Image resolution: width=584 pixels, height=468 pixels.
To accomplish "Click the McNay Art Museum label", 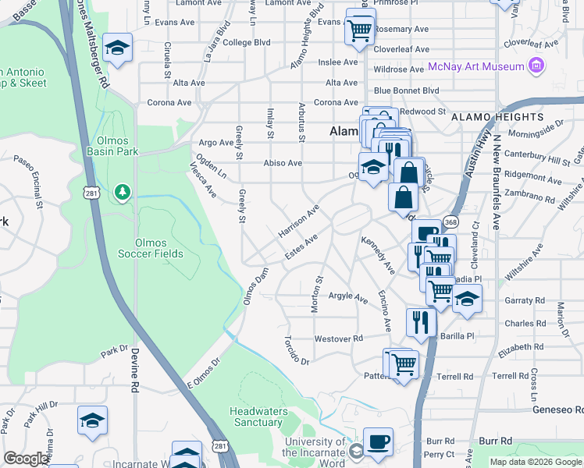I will click(480, 66).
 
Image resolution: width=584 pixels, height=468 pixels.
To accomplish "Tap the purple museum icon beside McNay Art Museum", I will click(536, 66).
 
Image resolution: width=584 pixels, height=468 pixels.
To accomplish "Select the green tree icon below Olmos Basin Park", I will click(121, 191).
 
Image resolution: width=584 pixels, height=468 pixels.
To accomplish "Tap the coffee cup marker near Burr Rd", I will click(379, 441).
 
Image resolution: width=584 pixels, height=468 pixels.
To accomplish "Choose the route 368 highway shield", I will click(450, 222).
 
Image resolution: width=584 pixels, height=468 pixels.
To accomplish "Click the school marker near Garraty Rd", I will click(467, 299).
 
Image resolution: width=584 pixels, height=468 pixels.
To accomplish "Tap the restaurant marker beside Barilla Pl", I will click(421, 321).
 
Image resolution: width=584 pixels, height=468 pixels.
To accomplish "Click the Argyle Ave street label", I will click(348, 297).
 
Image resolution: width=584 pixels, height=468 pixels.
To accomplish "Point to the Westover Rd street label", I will click(339, 339).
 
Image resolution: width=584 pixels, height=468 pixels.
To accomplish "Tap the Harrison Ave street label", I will click(299, 222).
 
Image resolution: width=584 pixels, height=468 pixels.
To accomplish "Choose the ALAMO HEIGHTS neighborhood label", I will click(507, 116).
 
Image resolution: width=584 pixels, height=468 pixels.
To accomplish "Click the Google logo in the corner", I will click(26, 459).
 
